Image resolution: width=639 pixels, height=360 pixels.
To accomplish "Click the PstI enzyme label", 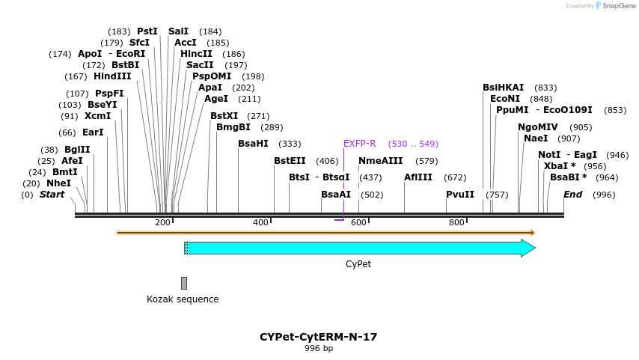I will click(x=147, y=31).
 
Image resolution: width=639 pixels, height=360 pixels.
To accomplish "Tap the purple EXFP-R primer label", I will click(x=359, y=144).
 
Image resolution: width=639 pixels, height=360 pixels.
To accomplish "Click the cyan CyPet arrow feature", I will click(x=359, y=248).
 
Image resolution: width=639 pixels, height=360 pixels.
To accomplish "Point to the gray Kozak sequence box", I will click(x=184, y=283).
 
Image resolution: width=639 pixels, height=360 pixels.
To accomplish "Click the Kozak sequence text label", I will click(x=183, y=299).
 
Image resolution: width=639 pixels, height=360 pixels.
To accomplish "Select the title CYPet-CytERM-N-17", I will click(x=319, y=337).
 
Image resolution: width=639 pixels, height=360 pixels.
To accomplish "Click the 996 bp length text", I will click(x=319, y=349).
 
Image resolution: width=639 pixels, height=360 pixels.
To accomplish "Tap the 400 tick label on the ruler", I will click(x=260, y=222).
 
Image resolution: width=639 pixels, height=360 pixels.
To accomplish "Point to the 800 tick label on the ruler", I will click(x=456, y=222).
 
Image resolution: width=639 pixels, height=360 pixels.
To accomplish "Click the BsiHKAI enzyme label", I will click(x=503, y=88).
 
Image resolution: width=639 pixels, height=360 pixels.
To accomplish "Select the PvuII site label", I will click(x=460, y=195).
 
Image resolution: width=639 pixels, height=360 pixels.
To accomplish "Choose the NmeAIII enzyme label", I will click(x=380, y=161).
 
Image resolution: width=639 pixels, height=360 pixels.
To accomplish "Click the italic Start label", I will click(x=52, y=195).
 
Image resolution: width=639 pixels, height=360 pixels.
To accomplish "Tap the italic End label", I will click(x=572, y=195).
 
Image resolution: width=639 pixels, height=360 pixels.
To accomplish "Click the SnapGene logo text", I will click(x=617, y=6).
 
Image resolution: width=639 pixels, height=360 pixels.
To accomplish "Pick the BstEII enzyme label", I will click(x=290, y=161).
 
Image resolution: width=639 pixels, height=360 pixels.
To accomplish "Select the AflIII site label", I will click(x=418, y=177).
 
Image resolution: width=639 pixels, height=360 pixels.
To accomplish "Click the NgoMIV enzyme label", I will click(x=538, y=127).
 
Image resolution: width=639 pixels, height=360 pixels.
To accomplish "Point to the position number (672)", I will click(x=455, y=177).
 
